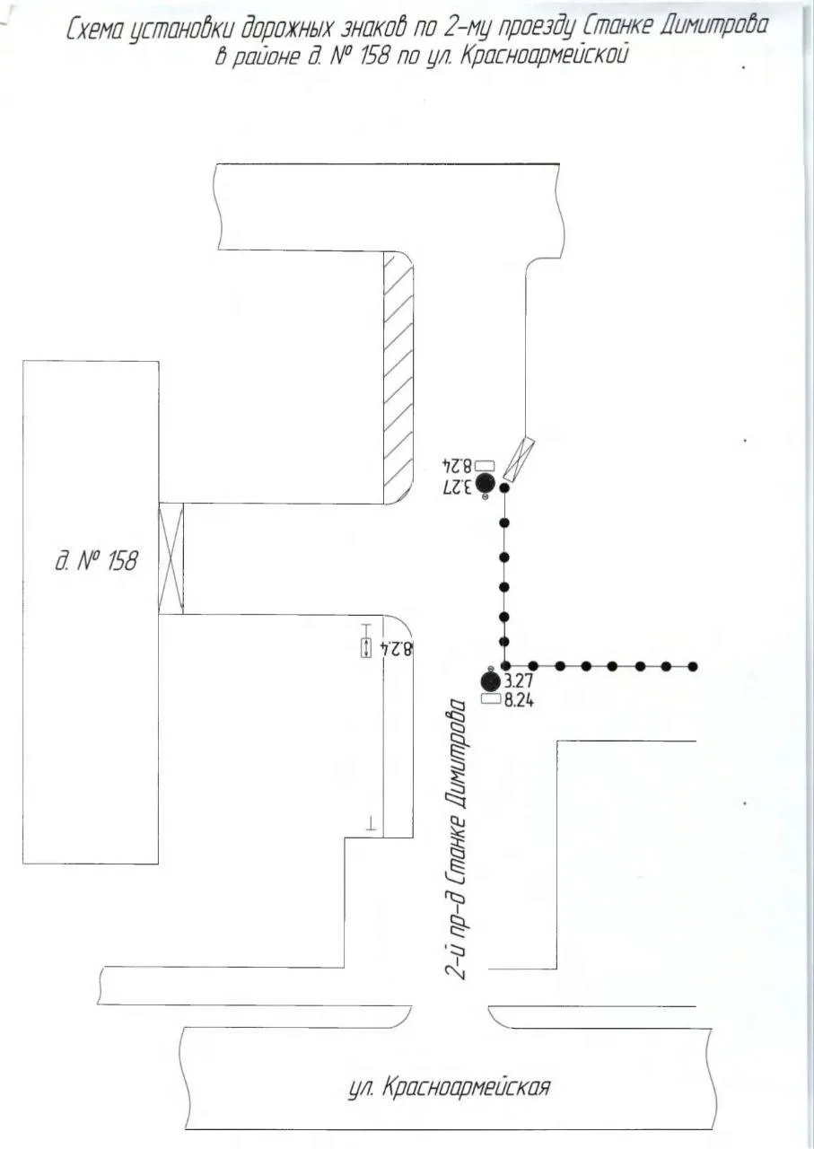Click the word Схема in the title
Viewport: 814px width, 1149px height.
click(x=95, y=30)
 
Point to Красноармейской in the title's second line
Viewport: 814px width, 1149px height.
click(x=544, y=55)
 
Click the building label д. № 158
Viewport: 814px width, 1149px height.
click(x=96, y=561)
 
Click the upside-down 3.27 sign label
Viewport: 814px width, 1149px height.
click(x=458, y=486)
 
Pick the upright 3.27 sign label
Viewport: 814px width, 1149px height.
click(x=519, y=681)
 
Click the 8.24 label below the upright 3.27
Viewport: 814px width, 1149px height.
click(x=519, y=700)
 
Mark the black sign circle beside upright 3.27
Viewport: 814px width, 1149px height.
click(x=491, y=681)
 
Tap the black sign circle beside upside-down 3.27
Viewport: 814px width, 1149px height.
click(x=486, y=483)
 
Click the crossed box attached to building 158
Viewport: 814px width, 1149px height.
click(x=171, y=557)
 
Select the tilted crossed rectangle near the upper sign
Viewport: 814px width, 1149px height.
click(x=519, y=459)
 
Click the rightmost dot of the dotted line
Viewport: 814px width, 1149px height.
click(x=693, y=667)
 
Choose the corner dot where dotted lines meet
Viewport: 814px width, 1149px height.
click(x=506, y=666)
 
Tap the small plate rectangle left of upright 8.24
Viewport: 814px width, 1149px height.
click(x=491, y=698)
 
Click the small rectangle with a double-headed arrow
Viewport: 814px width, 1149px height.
click(x=365, y=648)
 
